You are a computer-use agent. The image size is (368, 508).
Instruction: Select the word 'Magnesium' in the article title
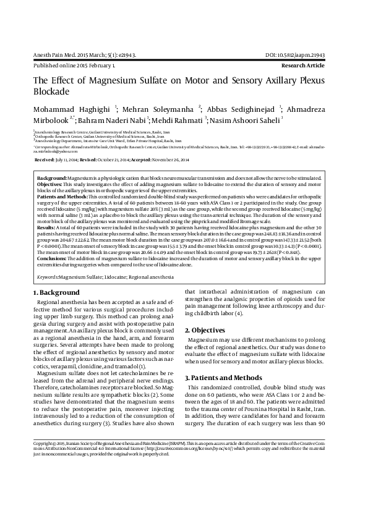click(111, 80)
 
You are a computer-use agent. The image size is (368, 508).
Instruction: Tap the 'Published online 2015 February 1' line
click(74, 64)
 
